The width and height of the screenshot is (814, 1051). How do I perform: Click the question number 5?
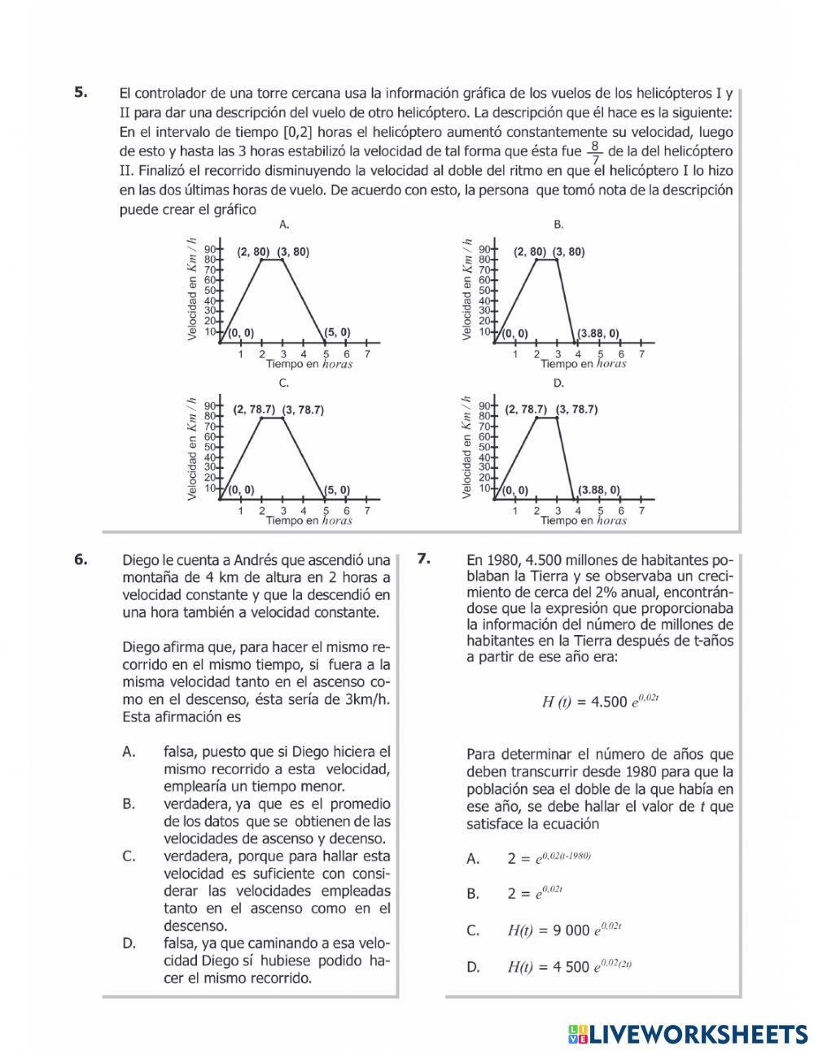point(81,92)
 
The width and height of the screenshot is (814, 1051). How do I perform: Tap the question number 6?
point(81,558)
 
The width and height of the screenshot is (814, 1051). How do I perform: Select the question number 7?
point(423,558)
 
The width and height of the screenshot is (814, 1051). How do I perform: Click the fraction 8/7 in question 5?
point(595,152)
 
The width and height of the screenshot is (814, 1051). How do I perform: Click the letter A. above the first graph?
point(284,224)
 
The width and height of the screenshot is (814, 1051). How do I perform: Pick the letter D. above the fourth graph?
point(558,383)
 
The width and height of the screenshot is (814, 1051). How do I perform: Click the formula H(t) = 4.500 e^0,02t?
point(599,701)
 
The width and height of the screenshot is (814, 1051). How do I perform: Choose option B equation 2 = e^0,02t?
point(535,893)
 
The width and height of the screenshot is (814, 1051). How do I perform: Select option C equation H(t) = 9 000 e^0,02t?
point(564,930)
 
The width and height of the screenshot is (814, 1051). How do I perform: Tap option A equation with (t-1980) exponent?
point(549,858)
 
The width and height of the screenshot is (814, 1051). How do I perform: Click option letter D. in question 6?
point(129,944)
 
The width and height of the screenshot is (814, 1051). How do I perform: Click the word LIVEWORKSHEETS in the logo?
point(698,1033)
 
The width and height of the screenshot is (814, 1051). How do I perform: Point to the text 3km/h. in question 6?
point(364,699)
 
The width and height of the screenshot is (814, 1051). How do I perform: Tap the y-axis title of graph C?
point(192,448)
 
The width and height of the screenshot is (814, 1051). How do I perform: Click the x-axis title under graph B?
point(583,364)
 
